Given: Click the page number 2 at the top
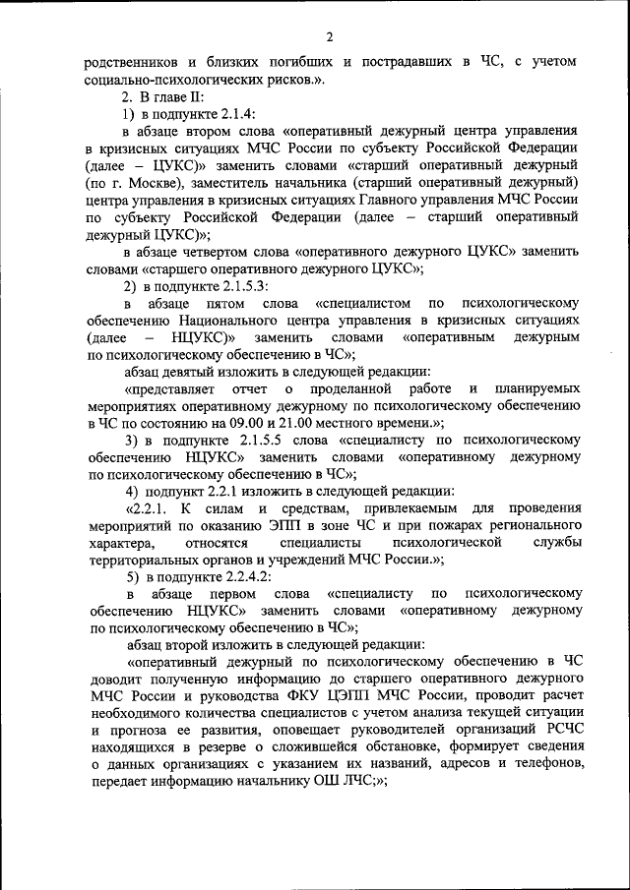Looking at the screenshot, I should click(x=330, y=37).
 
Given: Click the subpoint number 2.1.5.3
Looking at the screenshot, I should click(x=234, y=285).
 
